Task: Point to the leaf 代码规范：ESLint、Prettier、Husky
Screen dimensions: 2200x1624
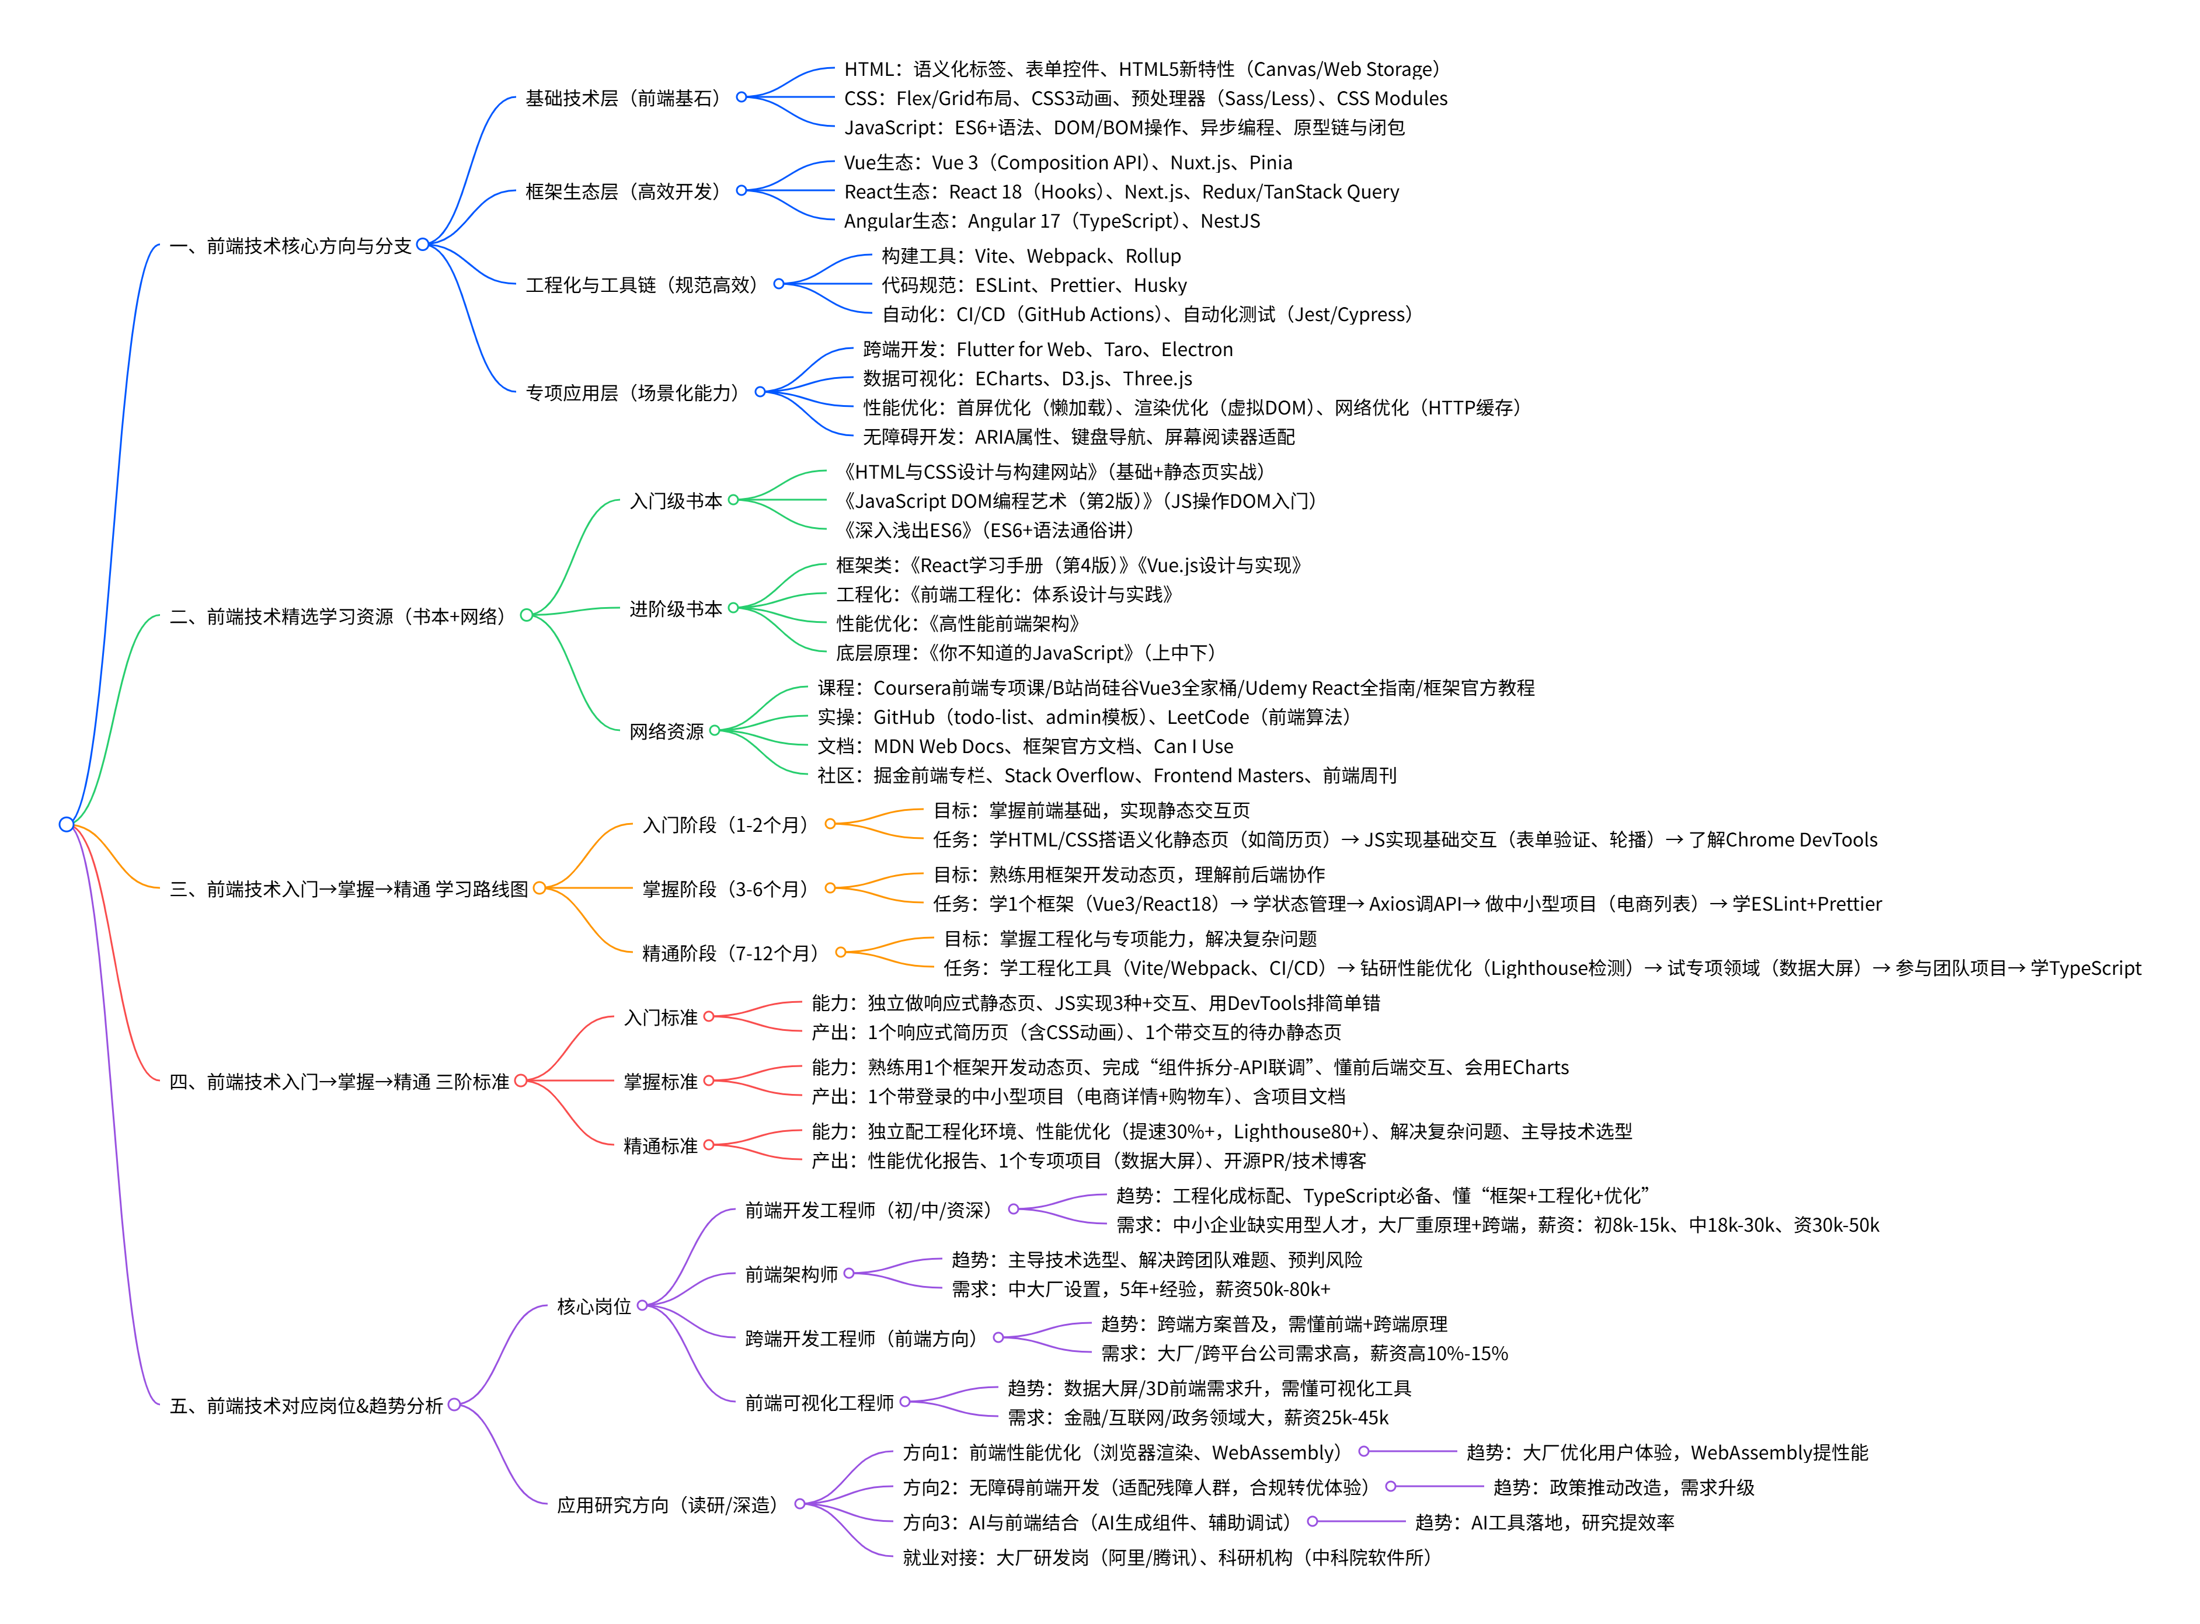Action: coord(1034,285)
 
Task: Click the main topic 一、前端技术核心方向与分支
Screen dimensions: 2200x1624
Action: coord(290,246)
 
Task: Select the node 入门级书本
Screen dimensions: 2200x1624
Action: coord(676,501)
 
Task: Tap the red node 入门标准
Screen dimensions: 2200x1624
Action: coord(660,1017)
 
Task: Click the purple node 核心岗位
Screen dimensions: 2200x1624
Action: coord(594,1306)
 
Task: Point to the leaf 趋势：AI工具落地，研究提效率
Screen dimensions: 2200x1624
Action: coord(1544,1523)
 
